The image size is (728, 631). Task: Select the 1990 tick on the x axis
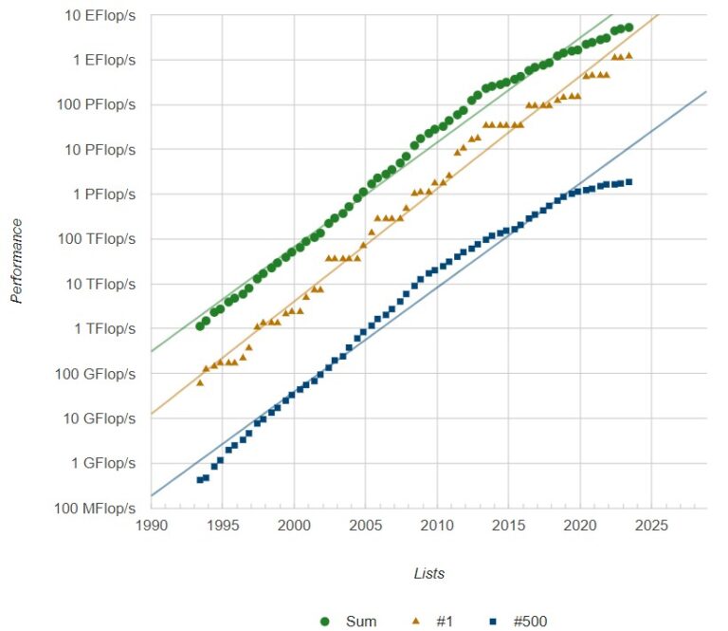click(x=151, y=524)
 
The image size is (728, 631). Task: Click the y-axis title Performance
click(x=16, y=261)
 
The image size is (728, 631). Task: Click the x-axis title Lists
click(x=428, y=573)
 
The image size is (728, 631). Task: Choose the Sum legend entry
click(x=348, y=622)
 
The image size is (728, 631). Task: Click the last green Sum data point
click(x=628, y=28)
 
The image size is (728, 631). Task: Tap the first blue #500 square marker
click(x=199, y=480)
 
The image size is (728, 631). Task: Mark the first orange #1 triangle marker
click(x=199, y=382)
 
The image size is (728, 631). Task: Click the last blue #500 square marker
click(x=628, y=182)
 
